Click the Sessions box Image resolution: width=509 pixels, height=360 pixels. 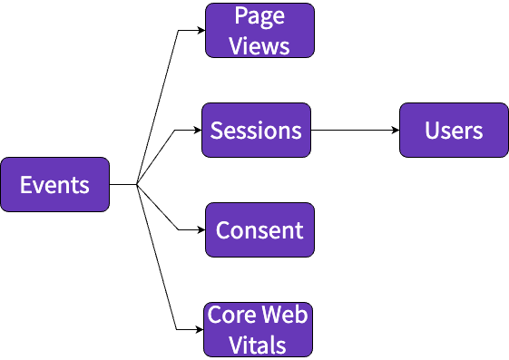point(256,130)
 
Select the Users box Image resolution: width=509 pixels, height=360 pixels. point(454,130)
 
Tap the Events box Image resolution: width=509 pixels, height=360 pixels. point(54,185)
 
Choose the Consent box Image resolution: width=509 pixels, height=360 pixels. point(259,229)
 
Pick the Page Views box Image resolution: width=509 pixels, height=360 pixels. point(259,30)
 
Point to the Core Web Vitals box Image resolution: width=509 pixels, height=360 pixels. point(258,329)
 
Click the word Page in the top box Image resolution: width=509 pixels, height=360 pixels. point(259,16)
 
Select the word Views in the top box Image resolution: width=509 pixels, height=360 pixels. point(259,45)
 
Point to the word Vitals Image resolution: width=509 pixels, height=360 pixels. point(258,345)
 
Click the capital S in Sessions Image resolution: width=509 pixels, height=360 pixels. point(217,131)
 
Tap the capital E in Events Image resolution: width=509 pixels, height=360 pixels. point(26,185)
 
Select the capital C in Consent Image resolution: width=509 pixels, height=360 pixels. point(222,230)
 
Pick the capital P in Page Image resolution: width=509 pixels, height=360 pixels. point(240,16)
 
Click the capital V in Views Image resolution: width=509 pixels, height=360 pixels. point(236,45)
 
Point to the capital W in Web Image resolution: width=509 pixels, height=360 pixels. point(268,316)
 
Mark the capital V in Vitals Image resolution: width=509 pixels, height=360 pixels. point(235,345)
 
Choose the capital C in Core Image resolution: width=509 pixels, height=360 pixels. point(214,316)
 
